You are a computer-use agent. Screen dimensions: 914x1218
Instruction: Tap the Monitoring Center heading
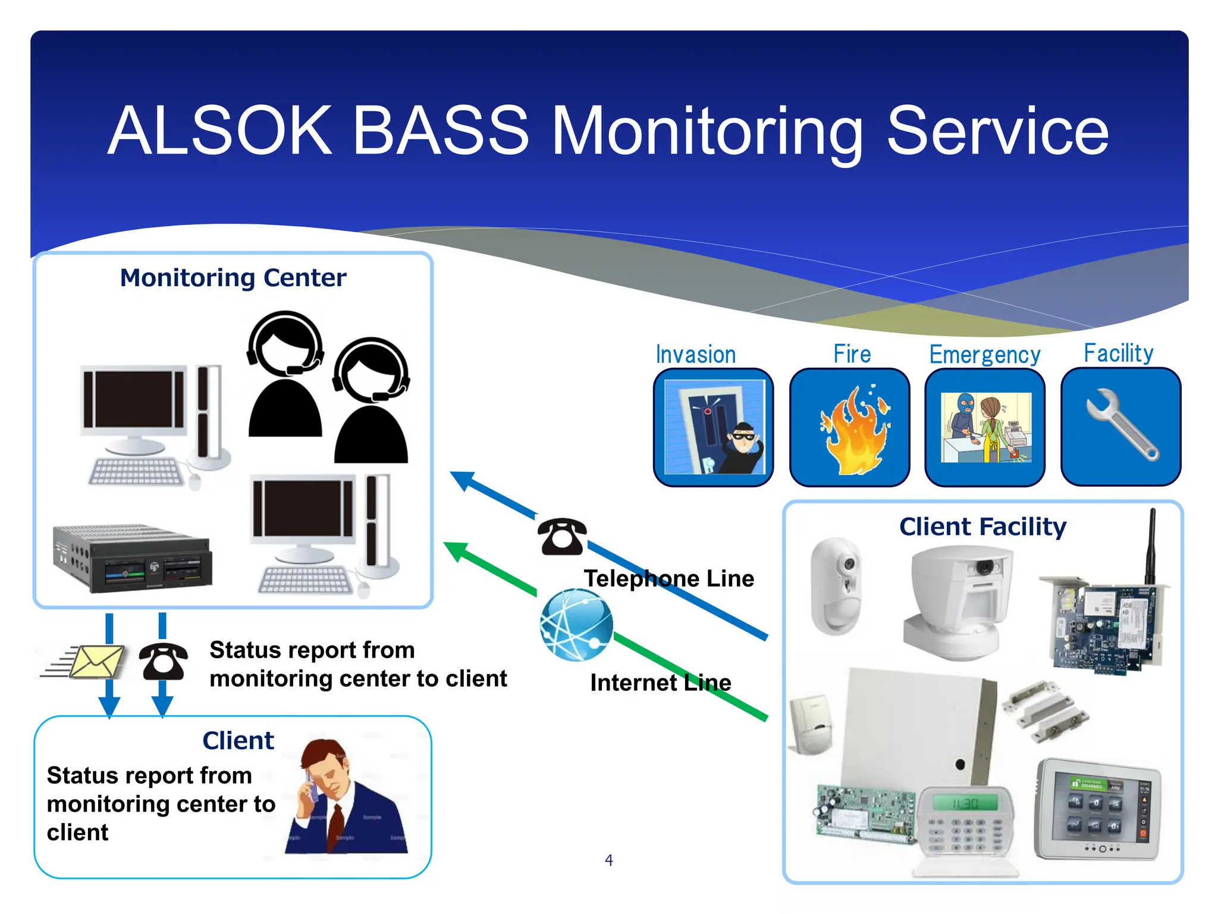[x=233, y=278]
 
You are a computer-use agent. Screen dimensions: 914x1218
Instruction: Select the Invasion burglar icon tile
[x=713, y=427]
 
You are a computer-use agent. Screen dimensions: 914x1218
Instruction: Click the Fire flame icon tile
[x=849, y=427]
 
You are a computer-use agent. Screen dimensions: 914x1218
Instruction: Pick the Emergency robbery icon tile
[x=985, y=427]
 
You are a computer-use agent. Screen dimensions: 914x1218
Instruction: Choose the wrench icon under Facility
[x=1120, y=425]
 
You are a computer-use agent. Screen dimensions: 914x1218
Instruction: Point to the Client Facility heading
[x=982, y=527]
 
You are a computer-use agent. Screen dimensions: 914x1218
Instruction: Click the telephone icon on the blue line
[x=561, y=537]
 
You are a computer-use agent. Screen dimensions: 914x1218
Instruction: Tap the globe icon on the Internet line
[x=576, y=625]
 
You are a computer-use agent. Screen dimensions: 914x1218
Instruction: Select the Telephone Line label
[x=668, y=578]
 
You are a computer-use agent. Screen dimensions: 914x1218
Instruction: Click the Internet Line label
[x=660, y=683]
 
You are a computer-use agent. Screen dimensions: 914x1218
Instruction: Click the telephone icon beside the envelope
[x=163, y=661]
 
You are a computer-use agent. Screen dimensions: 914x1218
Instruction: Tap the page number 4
[x=608, y=860]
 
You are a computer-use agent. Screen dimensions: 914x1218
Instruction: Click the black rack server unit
[x=132, y=558]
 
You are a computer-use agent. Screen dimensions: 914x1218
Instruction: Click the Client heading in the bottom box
[x=238, y=741]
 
